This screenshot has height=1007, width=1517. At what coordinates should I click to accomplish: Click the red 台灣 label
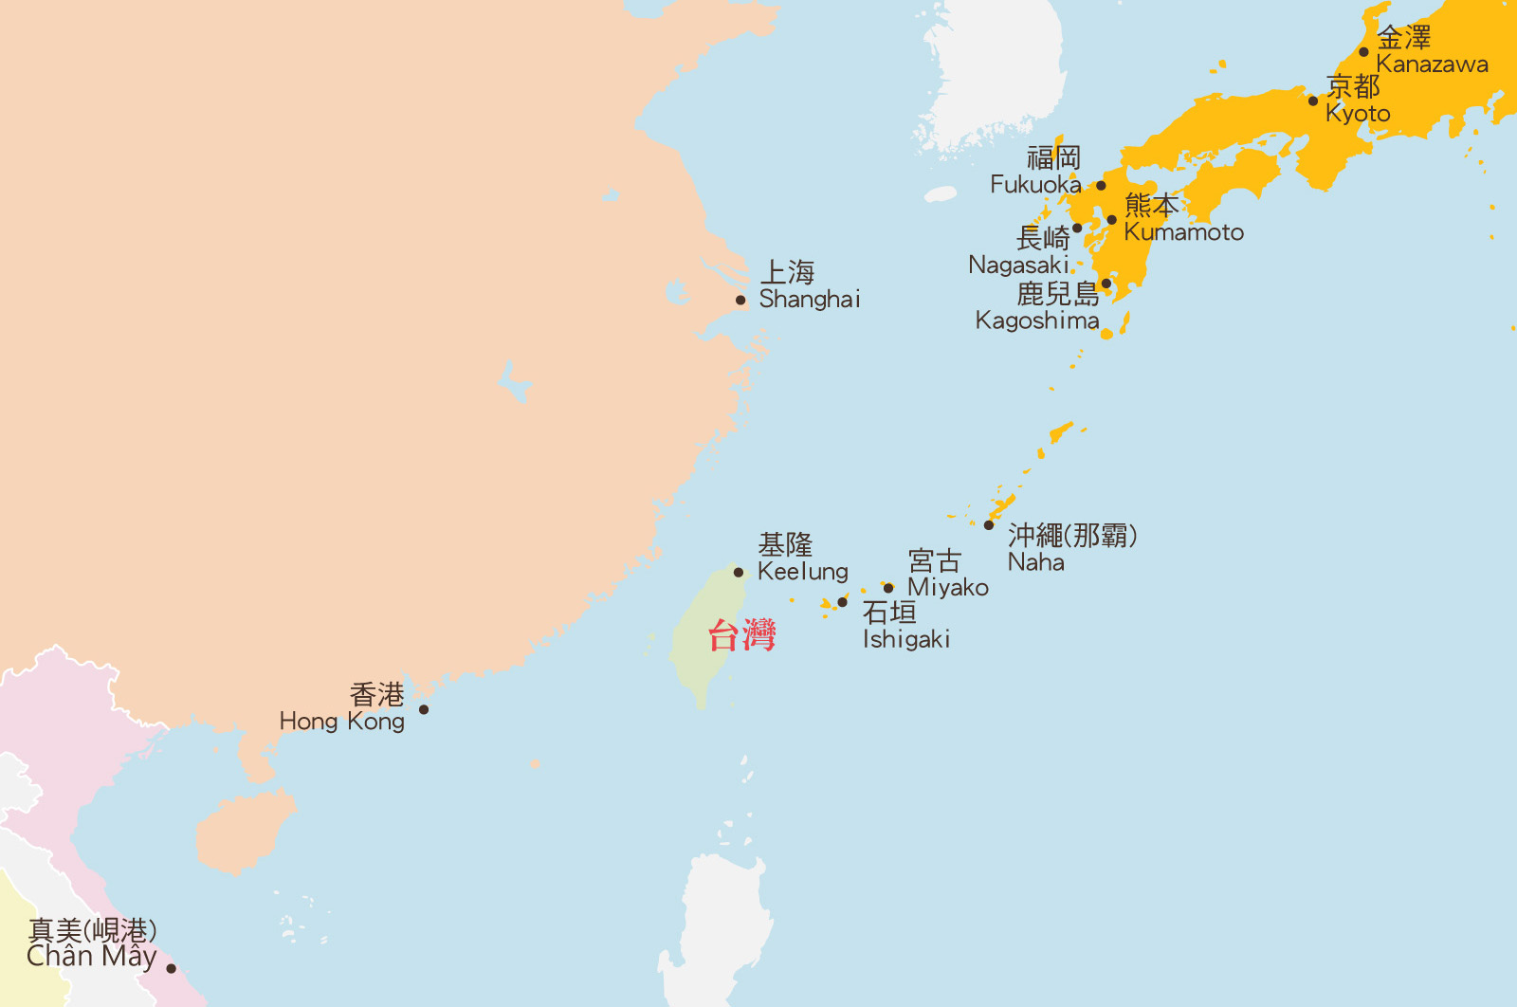[741, 634]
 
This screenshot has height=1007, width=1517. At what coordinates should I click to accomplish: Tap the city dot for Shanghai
[740, 301]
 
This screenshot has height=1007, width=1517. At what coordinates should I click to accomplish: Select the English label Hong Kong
[342, 722]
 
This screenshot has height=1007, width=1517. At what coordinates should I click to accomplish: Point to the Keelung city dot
[739, 573]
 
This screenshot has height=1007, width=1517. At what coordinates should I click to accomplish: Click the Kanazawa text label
[1432, 64]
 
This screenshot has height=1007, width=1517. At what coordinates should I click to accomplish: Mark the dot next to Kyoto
[1313, 101]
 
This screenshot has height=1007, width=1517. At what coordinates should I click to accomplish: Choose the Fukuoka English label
[1035, 185]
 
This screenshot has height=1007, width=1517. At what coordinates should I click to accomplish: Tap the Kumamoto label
[1183, 232]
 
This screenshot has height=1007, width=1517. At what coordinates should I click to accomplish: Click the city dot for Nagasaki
[1077, 229]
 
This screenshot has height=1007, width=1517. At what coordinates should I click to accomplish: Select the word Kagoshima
[1037, 320]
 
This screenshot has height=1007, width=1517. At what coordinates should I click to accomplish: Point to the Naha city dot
[989, 525]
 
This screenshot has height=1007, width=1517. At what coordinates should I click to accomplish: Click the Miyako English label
[948, 588]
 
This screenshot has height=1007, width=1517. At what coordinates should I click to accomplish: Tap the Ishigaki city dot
[842, 602]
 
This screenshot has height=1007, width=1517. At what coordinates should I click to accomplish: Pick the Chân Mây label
[91, 956]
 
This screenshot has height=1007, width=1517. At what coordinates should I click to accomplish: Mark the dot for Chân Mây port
[171, 968]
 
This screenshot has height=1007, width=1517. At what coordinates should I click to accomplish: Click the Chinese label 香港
[377, 695]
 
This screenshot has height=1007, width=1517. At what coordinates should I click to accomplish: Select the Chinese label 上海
[788, 273]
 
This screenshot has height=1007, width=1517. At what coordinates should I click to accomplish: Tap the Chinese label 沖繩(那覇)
[1072, 536]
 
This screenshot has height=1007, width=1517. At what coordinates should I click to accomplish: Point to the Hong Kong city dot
[424, 709]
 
